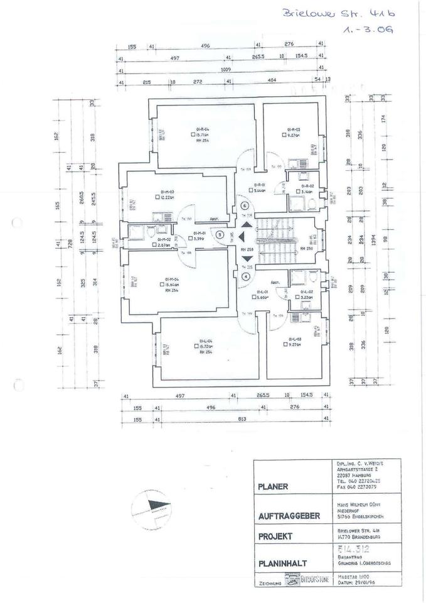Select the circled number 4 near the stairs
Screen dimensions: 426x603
pyautogui.click(x=245, y=275)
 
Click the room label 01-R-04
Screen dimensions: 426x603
pyautogui.click(x=202, y=128)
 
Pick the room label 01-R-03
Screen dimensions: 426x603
pyautogui.click(x=294, y=128)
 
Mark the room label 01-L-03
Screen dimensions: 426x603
pyautogui.click(x=293, y=339)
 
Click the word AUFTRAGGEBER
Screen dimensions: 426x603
pyautogui.click(x=290, y=516)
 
